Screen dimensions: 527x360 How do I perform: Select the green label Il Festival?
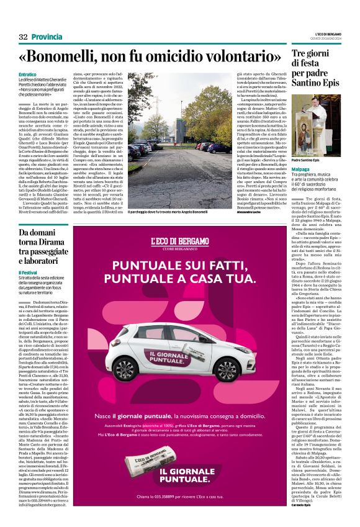[x=27, y=273]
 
